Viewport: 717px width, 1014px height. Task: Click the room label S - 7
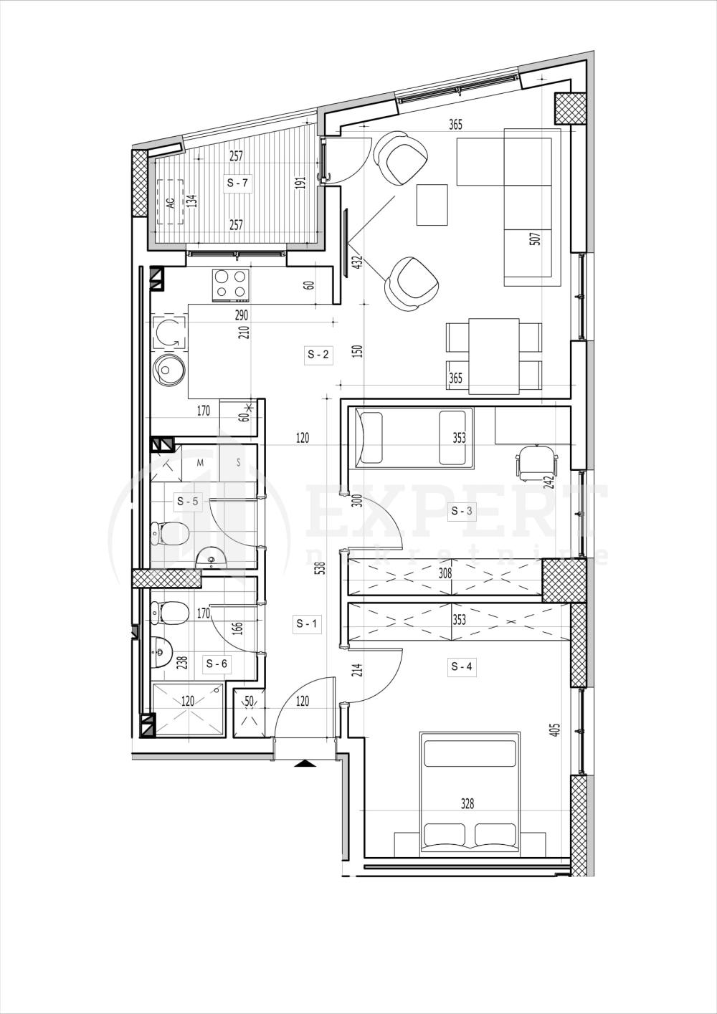[237, 183]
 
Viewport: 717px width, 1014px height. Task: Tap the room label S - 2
[318, 354]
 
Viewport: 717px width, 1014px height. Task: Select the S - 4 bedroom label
[462, 667]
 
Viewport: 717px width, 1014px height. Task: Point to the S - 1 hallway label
[308, 624]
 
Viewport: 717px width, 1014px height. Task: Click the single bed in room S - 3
[411, 438]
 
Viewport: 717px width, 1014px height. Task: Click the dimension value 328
[467, 804]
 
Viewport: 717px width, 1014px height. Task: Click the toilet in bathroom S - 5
[171, 532]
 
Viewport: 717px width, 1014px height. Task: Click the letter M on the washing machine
[201, 463]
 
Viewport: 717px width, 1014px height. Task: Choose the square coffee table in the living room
[432, 204]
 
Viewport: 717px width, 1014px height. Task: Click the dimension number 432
[356, 264]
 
